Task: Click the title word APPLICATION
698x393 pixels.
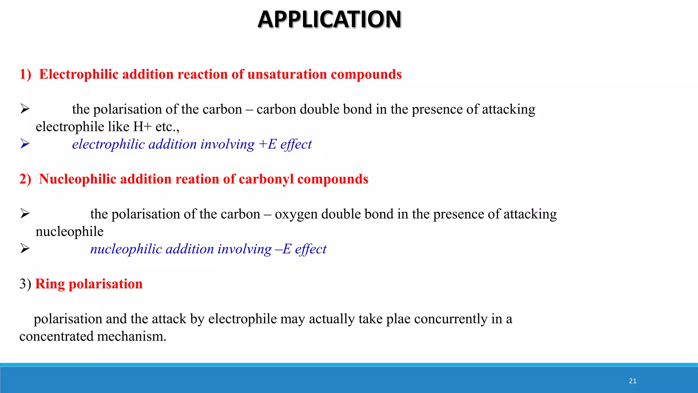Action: tap(330, 19)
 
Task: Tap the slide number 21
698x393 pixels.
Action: tap(633, 381)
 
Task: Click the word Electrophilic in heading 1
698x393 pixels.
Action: tap(78, 74)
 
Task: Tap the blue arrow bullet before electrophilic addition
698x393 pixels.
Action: tap(25, 144)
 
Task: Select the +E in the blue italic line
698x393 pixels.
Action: tap(268, 144)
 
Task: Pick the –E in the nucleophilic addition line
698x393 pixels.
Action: tap(283, 249)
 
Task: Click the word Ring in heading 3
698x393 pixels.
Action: tap(50, 284)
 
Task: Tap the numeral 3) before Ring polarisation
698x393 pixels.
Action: tap(25, 284)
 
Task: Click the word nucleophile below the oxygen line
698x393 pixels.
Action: tap(70, 232)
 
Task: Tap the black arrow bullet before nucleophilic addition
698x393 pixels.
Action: tap(25, 248)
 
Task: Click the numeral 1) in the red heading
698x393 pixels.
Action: tap(25, 74)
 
